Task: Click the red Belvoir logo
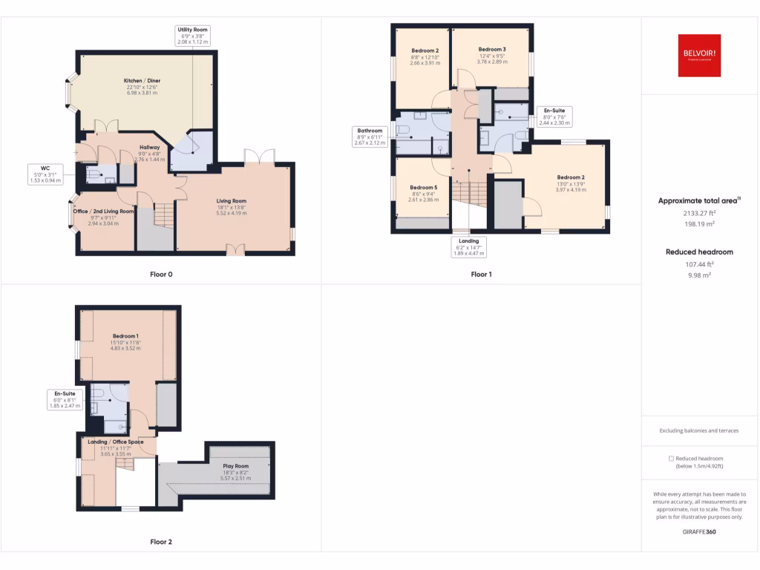[699, 56]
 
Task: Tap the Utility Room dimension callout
[192, 36]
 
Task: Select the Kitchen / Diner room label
[142, 86]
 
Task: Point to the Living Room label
[231, 206]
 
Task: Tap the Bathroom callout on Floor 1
[369, 137]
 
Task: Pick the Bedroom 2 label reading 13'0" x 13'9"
[571, 183]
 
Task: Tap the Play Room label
[234, 471]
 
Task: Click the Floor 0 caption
[161, 275]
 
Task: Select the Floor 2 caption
[161, 542]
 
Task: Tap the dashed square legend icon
[671, 459]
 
